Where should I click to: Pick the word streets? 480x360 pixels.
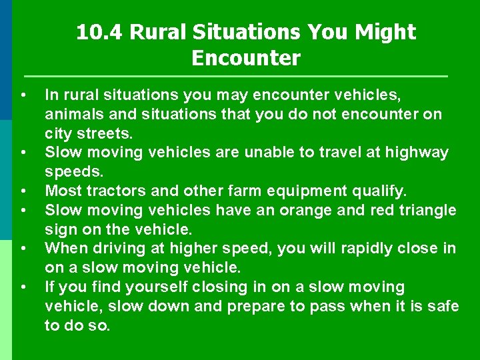108,133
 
